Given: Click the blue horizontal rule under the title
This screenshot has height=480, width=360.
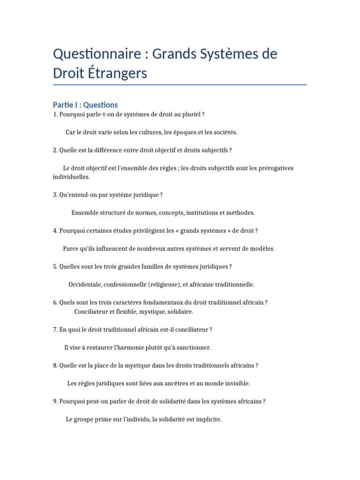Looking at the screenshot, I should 180,85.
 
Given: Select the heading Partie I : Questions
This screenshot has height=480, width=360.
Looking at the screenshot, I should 85,105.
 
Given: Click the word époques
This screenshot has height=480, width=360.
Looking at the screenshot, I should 184,133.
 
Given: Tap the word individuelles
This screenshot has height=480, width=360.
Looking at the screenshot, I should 71,177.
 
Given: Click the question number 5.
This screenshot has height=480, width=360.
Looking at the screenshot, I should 55,267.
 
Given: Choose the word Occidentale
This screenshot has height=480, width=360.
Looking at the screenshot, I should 84,285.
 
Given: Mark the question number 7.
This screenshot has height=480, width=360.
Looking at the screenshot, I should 55,330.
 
